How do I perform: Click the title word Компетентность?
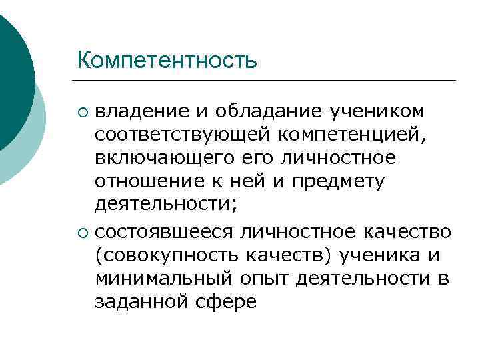(x=167, y=60)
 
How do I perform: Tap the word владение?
(x=141, y=110)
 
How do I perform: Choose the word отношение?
(x=144, y=181)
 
